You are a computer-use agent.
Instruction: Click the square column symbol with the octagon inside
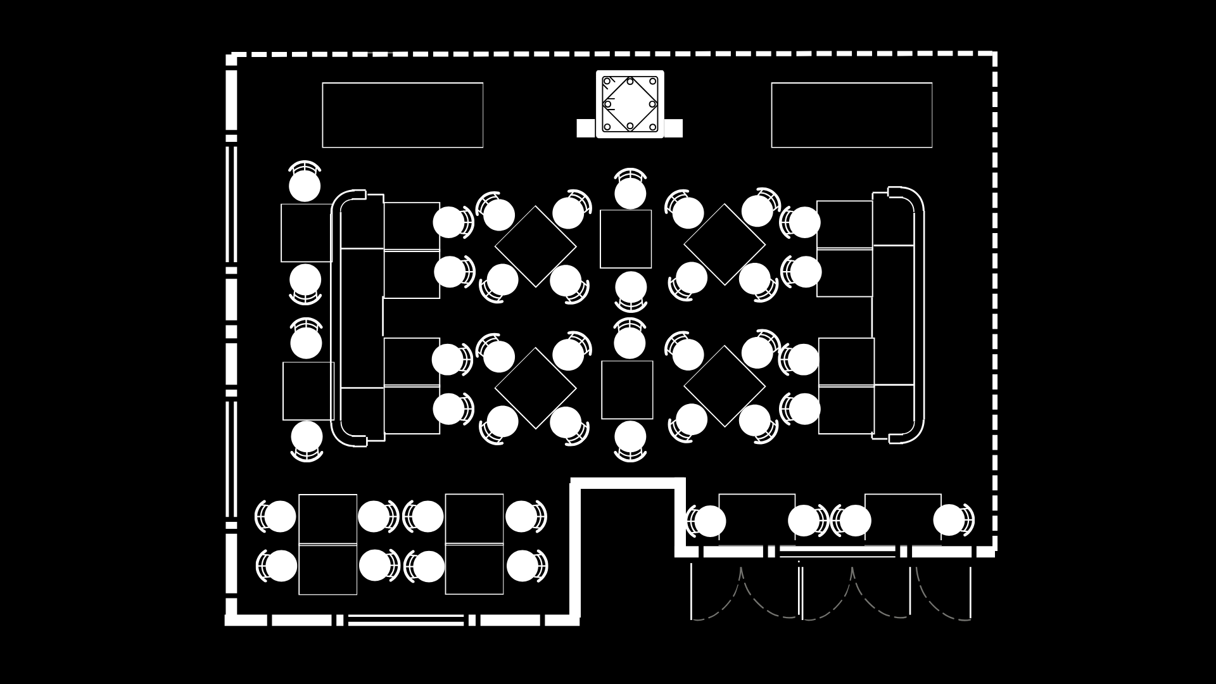click(630, 104)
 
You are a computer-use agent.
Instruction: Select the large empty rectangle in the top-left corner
click(402, 115)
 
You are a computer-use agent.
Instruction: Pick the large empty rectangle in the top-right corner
click(851, 115)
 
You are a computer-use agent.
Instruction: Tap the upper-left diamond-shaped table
click(535, 246)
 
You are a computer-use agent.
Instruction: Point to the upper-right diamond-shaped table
click(724, 244)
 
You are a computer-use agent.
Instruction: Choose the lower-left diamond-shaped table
click(535, 388)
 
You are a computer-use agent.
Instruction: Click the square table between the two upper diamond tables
click(626, 239)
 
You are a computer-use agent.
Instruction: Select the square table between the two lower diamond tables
click(626, 389)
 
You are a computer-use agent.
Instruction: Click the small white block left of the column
click(586, 128)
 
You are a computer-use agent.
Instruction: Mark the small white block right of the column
click(673, 128)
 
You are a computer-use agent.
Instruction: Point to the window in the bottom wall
click(406, 619)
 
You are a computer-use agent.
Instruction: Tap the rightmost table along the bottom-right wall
click(902, 518)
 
